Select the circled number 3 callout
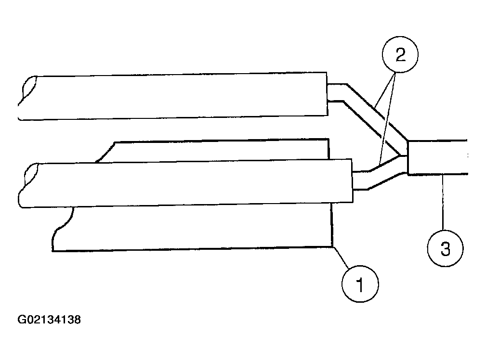(x=445, y=249)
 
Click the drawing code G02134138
(x=49, y=320)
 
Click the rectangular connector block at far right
(x=436, y=157)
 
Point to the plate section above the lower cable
(x=217, y=151)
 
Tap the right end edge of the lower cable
(x=351, y=184)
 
